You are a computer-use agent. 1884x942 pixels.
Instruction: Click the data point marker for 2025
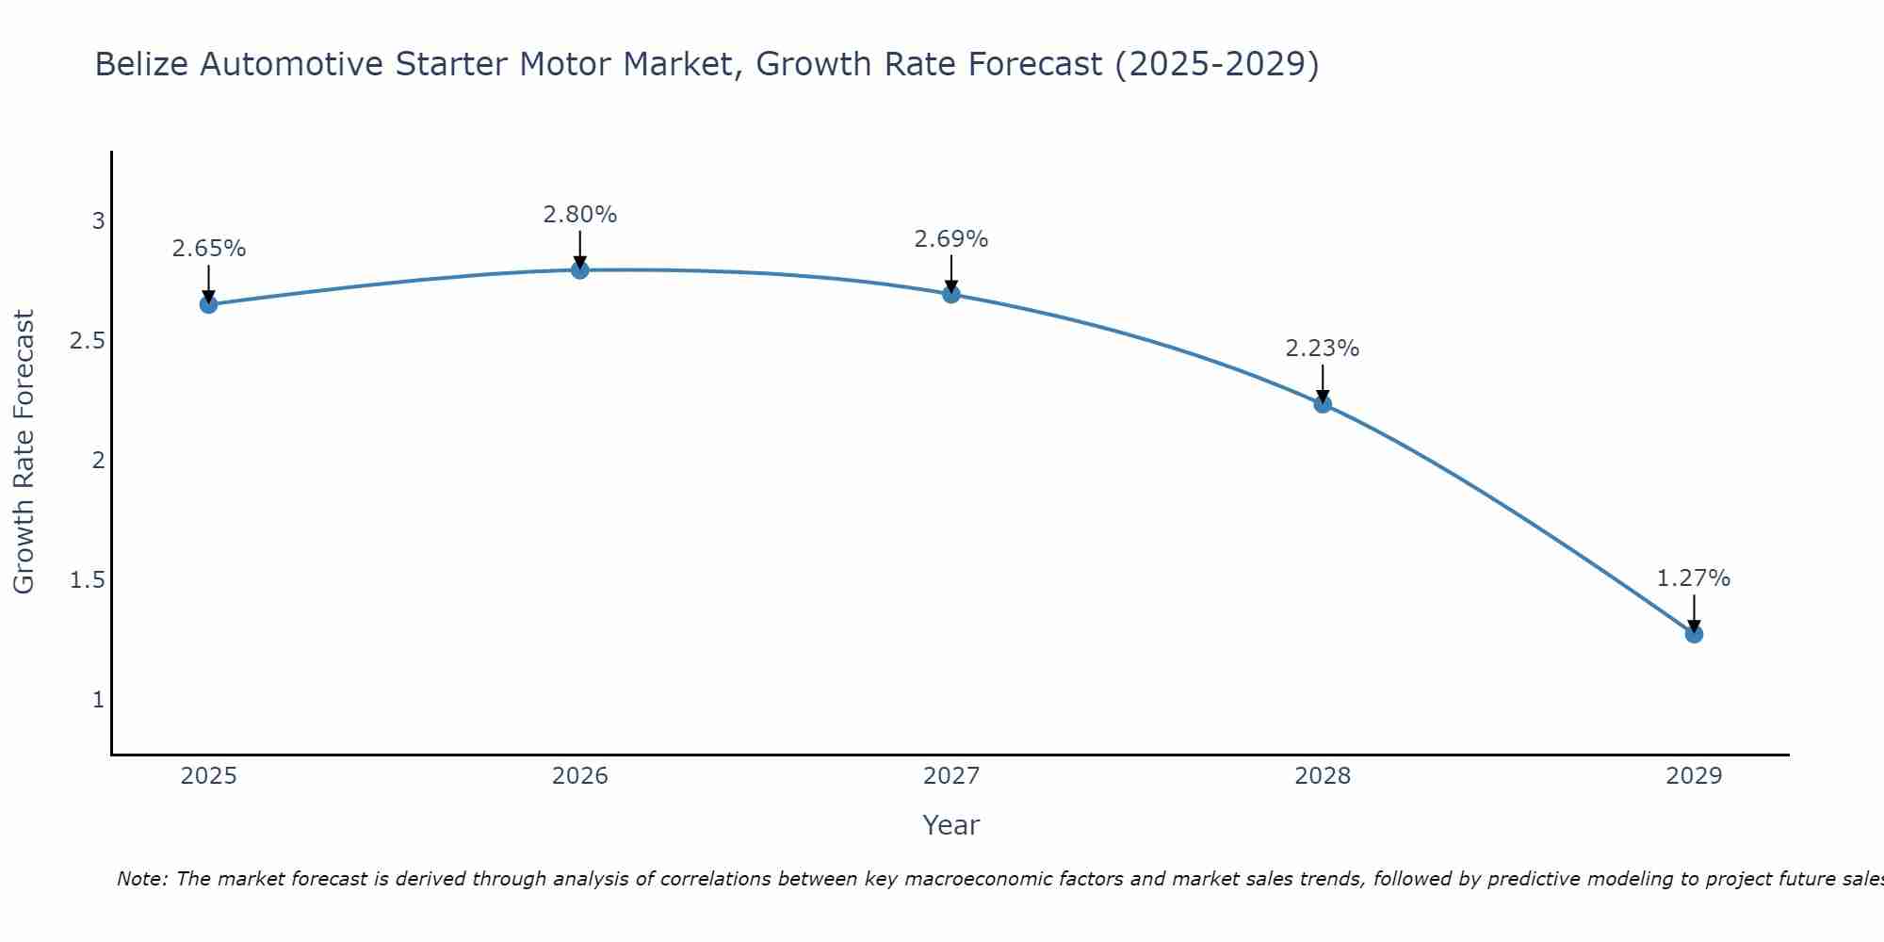[208, 304]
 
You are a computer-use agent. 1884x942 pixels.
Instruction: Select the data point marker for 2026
[579, 270]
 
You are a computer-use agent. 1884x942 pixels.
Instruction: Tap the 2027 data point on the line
[950, 294]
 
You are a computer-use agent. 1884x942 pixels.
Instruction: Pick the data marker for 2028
[1322, 404]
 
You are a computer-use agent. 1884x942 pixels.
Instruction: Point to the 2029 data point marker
[1693, 634]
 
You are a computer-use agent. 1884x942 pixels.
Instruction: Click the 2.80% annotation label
[579, 215]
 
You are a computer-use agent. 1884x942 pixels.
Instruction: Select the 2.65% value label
[208, 249]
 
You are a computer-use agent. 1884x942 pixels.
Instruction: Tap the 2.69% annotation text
[950, 239]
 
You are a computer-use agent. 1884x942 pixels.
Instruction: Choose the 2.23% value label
[1322, 349]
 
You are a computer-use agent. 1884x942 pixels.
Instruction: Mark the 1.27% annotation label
[1693, 578]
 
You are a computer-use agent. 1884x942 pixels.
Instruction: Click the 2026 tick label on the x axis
[579, 776]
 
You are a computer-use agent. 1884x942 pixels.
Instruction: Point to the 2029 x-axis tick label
[1693, 776]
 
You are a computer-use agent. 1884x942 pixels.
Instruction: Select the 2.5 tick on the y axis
[87, 341]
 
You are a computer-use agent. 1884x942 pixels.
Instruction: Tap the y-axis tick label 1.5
[87, 580]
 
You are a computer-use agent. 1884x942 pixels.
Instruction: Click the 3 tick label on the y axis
[98, 221]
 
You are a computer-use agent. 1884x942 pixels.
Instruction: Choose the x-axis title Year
[950, 825]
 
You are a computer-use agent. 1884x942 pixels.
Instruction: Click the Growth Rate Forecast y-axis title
[24, 452]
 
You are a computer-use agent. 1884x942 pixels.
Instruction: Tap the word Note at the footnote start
[141, 879]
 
